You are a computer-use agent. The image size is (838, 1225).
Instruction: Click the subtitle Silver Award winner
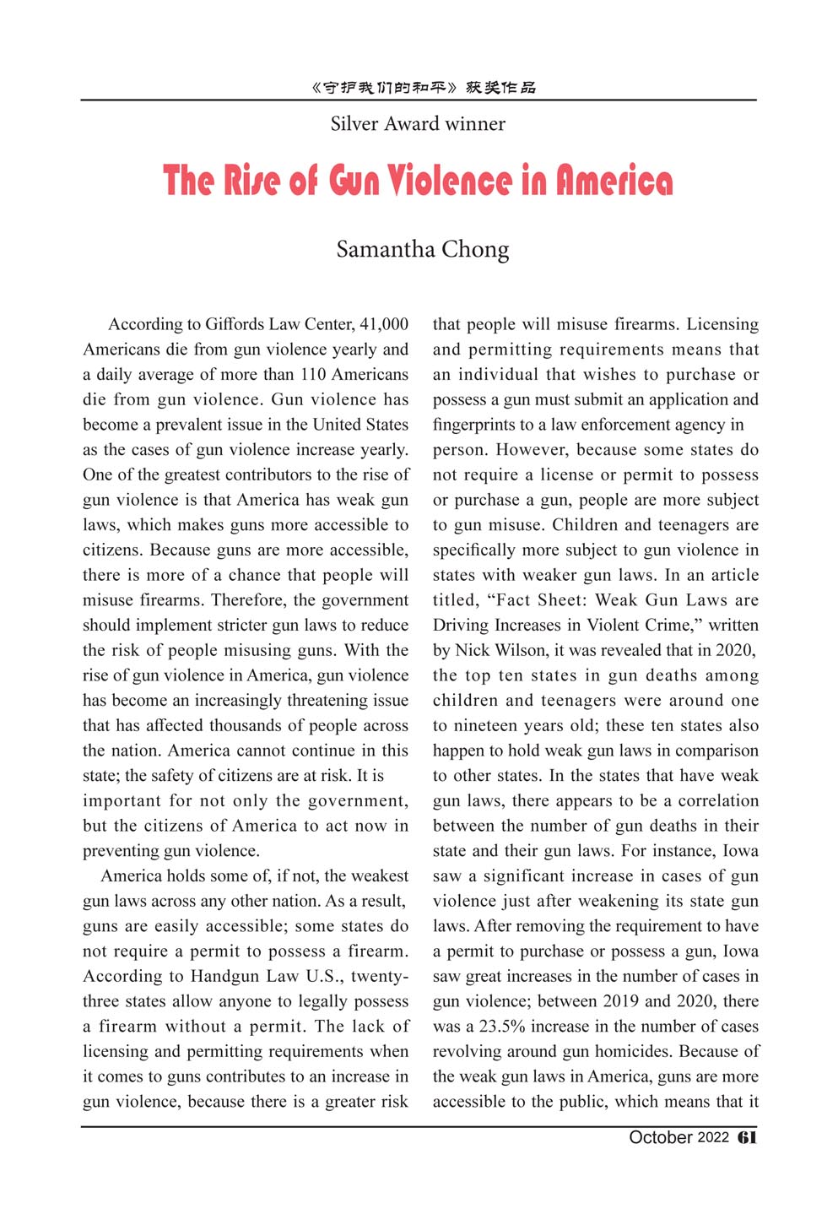point(418,124)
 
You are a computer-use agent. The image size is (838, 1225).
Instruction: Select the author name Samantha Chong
point(423,250)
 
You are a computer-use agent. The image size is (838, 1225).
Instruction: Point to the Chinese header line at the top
point(423,87)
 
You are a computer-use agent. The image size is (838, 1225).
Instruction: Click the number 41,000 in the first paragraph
point(384,324)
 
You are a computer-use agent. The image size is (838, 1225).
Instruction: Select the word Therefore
point(248,600)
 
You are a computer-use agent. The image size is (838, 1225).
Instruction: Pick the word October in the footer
point(661,1137)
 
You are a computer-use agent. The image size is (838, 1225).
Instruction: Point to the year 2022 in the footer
point(713,1137)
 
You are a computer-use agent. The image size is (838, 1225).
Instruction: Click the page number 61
point(747,1137)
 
